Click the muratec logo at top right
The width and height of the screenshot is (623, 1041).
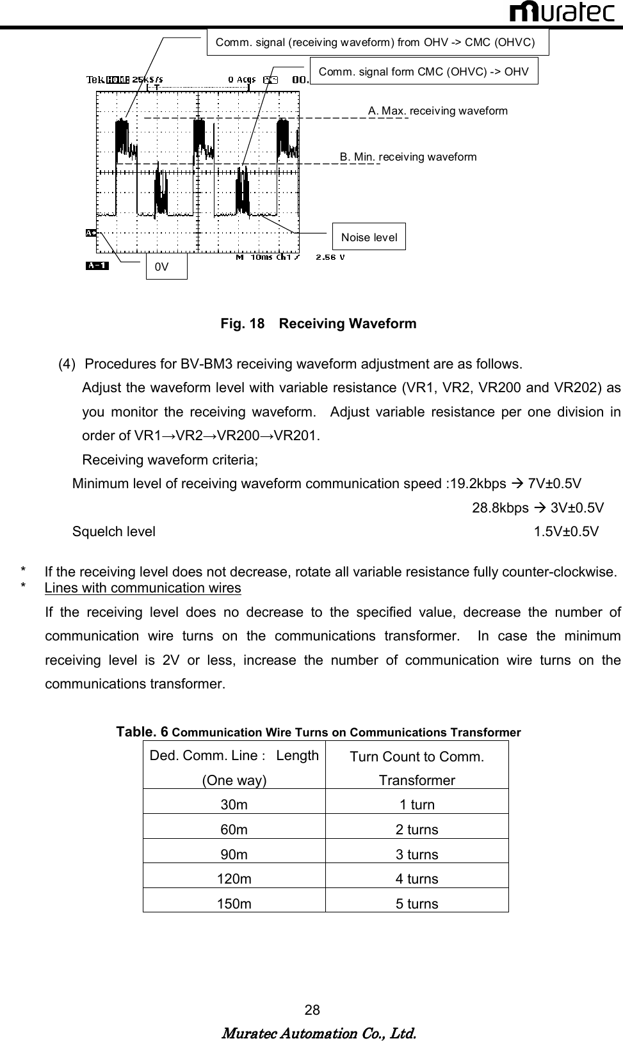563,12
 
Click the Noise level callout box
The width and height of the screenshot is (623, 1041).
369,237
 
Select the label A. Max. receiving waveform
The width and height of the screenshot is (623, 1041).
438,111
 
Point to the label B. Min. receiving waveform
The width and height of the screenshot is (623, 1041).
408,157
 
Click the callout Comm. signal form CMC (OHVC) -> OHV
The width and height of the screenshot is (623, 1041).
423,71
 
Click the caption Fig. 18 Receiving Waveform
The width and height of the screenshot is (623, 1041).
318,323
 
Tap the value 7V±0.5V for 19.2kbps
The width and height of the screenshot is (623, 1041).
554,483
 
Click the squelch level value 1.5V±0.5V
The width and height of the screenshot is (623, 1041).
567,532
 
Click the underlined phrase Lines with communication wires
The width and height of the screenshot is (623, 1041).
143,588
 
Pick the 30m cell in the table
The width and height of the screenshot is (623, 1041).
234,804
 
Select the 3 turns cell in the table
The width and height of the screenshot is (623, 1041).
417,854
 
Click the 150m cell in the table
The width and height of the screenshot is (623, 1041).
234,903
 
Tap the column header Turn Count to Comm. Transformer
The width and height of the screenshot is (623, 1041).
417,768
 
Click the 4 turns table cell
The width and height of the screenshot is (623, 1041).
417,878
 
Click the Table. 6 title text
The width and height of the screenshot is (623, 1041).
318,732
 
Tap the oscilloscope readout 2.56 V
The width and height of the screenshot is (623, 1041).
330,257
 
